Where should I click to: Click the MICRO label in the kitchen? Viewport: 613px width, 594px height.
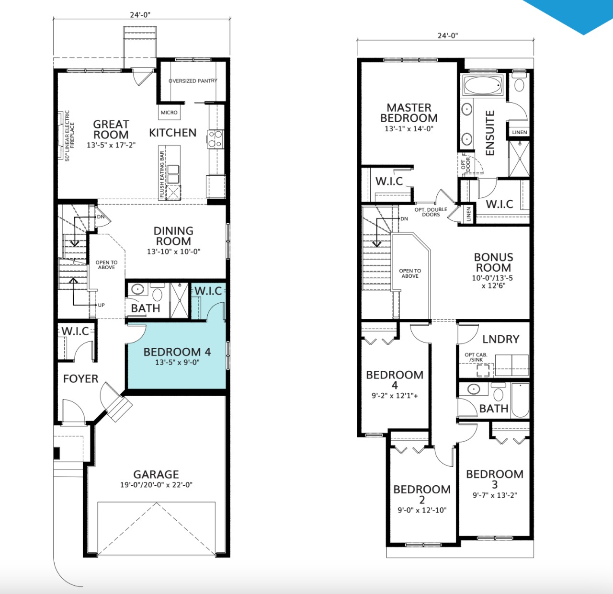(169, 113)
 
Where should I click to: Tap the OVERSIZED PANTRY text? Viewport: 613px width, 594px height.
(193, 81)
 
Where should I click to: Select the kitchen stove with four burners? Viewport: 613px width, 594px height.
(216, 139)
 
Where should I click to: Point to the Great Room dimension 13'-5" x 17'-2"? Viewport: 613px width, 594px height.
(111, 145)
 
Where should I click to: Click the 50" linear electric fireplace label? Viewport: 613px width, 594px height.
(69, 136)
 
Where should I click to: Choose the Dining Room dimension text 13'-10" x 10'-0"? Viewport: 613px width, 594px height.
(173, 251)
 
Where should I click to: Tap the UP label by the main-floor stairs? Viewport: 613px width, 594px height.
(101, 305)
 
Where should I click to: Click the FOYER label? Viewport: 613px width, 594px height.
(80, 378)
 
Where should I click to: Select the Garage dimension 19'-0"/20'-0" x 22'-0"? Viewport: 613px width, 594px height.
(156, 485)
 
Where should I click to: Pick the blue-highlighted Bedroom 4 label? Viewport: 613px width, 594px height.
(177, 352)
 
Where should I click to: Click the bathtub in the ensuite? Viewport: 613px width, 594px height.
(483, 85)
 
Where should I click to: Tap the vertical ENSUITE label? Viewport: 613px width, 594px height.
(490, 133)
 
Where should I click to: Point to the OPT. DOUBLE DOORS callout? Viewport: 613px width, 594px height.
(431, 212)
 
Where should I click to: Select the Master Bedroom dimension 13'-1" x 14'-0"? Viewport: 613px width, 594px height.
(409, 128)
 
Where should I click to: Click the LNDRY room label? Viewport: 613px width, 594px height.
(500, 339)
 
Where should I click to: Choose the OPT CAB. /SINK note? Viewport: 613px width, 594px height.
(476, 357)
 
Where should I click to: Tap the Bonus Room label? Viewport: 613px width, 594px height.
(493, 262)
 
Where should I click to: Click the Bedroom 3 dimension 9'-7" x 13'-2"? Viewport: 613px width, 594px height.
(495, 495)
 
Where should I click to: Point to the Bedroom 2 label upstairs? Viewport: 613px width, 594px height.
(422, 494)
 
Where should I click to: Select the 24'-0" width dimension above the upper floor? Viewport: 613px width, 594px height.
(448, 35)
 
